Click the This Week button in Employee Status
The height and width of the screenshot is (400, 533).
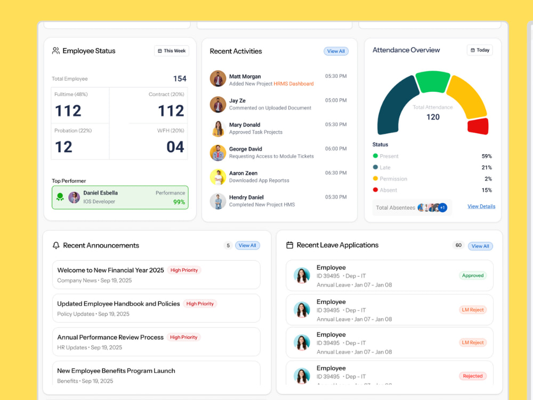(x=172, y=51)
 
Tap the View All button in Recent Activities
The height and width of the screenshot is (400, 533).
(x=336, y=51)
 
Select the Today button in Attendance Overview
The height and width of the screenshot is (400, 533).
(x=480, y=50)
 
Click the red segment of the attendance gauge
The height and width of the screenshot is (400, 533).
(x=478, y=126)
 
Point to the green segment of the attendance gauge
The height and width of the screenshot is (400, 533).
(x=433, y=81)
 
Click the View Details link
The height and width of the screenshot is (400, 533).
(x=481, y=206)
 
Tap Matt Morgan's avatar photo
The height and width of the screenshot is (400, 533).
(x=218, y=78)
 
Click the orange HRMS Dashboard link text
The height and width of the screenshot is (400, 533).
(x=294, y=84)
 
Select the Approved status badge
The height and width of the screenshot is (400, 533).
(x=472, y=276)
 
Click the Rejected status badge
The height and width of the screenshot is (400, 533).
(x=472, y=376)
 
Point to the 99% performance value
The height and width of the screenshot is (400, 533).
(x=179, y=202)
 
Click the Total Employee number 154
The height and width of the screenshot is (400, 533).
(x=180, y=78)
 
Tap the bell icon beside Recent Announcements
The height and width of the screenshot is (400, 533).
(x=56, y=245)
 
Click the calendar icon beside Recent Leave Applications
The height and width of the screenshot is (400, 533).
(x=289, y=245)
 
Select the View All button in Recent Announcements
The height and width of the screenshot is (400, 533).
(x=247, y=245)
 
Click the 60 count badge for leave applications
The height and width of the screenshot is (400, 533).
(x=458, y=245)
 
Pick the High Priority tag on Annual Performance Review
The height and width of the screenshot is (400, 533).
(x=183, y=337)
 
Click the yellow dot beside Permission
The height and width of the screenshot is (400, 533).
(x=375, y=178)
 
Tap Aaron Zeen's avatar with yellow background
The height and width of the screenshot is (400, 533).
(x=218, y=177)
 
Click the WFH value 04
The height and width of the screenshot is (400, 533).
(x=175, y=147)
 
